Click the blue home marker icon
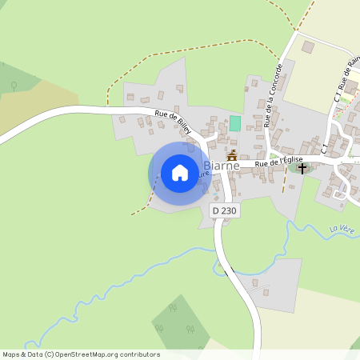[x=180, y=173]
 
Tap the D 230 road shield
[x=225, y=210]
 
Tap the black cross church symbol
[x=302, y=167]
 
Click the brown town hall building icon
[x=232, y=156]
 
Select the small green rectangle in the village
[x=235, y=124]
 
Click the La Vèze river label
[x=342, y=230]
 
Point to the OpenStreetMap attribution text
[x=81, y=354]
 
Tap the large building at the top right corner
[x=308, y=48]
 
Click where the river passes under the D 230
[x=227, y=268]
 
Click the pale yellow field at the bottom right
[x=312, y=328]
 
